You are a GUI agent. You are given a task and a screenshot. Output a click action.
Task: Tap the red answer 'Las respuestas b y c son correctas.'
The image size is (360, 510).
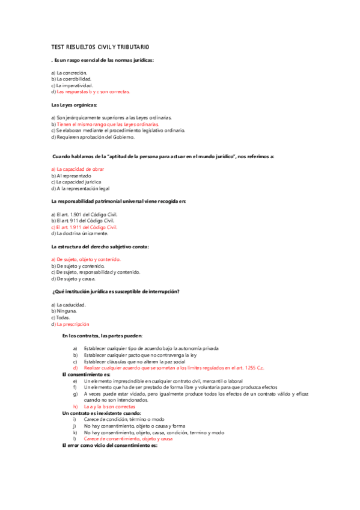[93, 92]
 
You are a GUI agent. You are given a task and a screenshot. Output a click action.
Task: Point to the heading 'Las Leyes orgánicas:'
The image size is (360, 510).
[75, 105]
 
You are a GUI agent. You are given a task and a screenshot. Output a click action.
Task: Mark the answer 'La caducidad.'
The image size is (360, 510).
[71, 305]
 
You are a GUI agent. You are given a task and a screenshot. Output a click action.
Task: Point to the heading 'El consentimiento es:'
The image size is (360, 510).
[87, 374]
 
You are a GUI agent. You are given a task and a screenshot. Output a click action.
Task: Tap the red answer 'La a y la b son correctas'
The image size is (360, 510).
[110, 407]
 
